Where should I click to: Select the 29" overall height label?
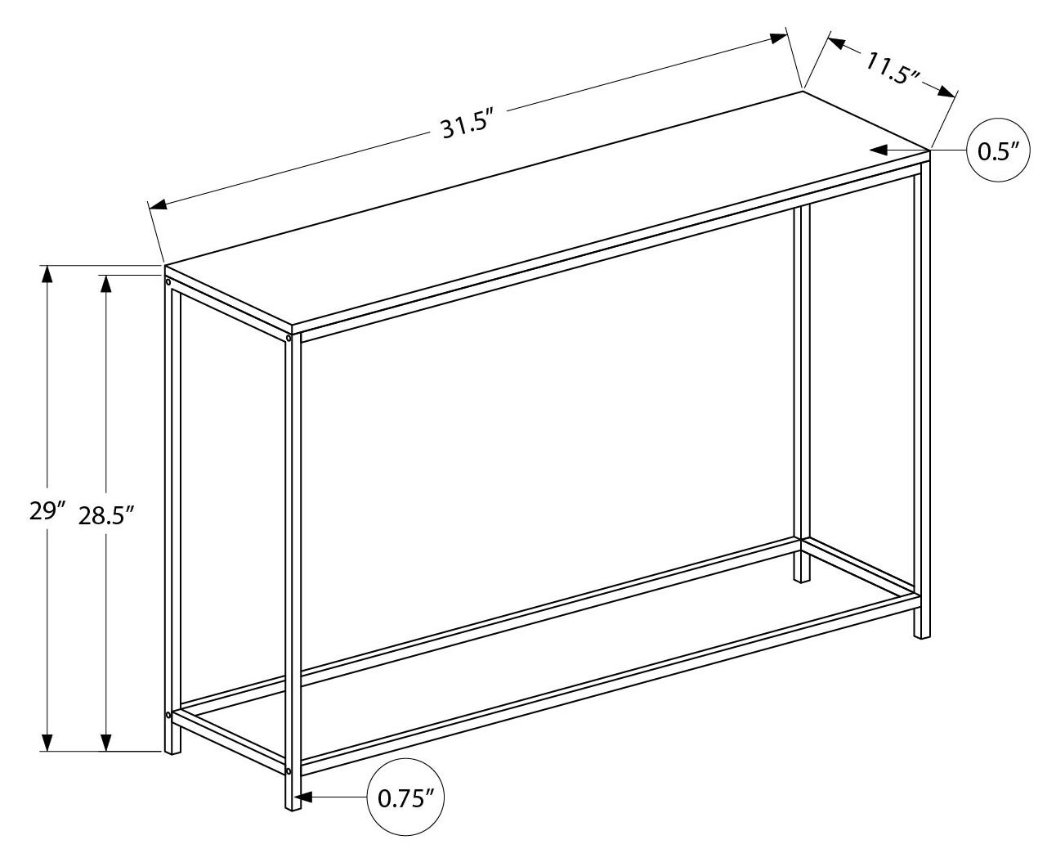tap(47, 511)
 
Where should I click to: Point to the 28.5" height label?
tap(107, 515)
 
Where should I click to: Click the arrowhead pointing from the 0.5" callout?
tap(879, 150)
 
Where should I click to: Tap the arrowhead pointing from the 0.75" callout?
tap(303, 797)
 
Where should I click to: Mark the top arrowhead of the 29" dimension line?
tap(47, 274)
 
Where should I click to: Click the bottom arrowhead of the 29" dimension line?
tap(47, 743)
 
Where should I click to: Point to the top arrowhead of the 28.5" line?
tap(105, 284)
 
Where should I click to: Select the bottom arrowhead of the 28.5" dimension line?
tap(105, 743)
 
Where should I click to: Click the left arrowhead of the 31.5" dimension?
tap(158, 204)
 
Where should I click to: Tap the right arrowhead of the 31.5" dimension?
tap(778, 38)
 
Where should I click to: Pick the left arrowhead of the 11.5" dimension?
tap(837, 43)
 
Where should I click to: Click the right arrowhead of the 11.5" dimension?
tap(946, 92)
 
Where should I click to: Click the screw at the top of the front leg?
tap(289, 339)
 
